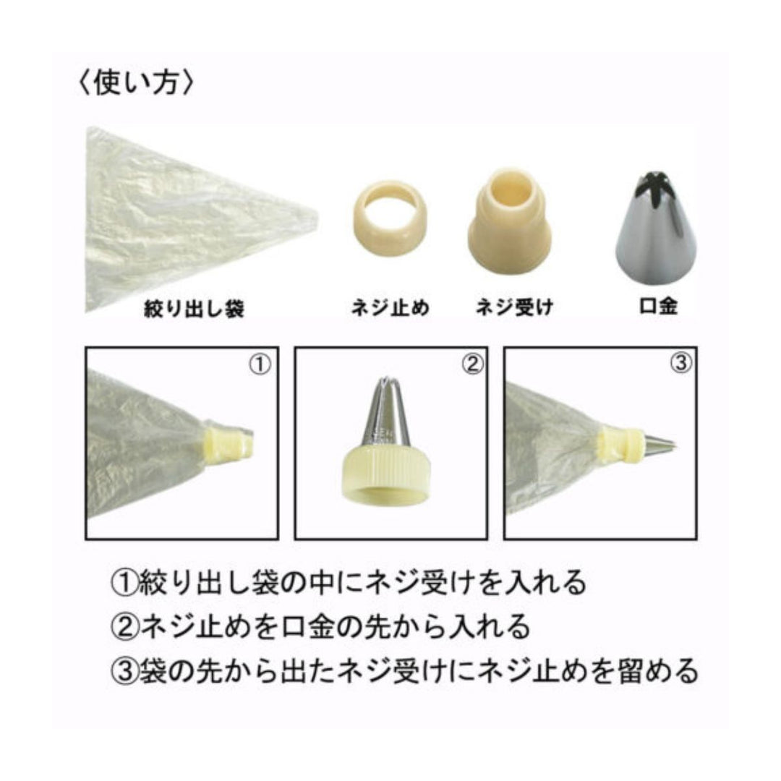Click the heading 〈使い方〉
click(x=135, y=82)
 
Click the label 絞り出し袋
click(x=194, y=310)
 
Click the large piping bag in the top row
click(x=188, y=217)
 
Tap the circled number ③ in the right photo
click(x=680, y=364)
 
